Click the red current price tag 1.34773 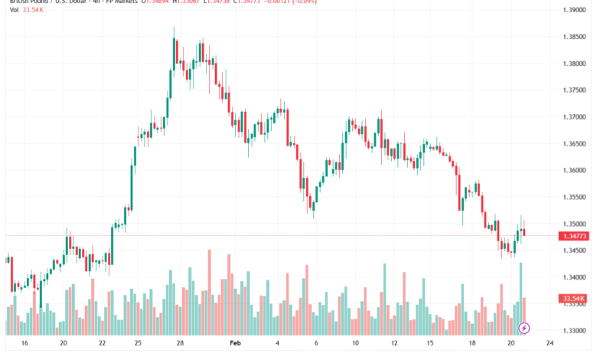click(x=574, y=236)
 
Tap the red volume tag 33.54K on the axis click(x=573, y=298)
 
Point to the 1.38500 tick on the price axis click(x=574, y=37)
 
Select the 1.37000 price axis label click(x=574, y=117)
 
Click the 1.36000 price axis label click(x=574, y=170)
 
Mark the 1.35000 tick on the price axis click(x=574, y=224)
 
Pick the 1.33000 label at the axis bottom click(x=574, y=330)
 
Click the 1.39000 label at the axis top click(x=574, y=10)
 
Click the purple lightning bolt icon click(x=524, y=329)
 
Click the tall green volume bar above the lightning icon click(x=520, y=295)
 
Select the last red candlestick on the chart click(x=524, y=232)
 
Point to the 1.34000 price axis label click(x=574, y=277)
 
